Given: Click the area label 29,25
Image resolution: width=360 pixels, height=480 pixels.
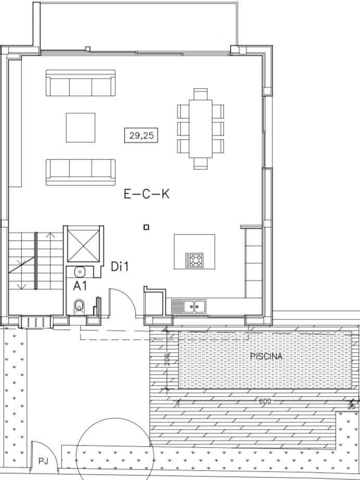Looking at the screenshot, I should pyautogui.click(x=141, y=136).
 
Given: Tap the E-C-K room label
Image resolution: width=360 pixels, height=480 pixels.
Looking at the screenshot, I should pyautogui.click(x=147, y=195).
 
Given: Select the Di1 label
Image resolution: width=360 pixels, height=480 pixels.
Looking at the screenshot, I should pyautogui.click(x=120, y=267).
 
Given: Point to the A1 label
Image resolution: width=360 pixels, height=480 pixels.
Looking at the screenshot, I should pyautogui.click(x=80, y=285).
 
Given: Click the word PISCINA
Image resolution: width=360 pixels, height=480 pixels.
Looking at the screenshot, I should pyautogui.click(x=266, y=357).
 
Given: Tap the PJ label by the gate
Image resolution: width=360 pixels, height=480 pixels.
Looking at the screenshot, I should pyautogui.click(x=43, y=461).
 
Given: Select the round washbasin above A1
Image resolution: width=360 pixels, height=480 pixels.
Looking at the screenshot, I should pyautogui.click(x=80, y=271).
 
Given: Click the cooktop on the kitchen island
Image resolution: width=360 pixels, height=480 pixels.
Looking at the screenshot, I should pyautogui.click(x=195, y=259).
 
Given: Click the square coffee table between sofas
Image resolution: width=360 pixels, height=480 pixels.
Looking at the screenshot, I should pyautogui.click(x=81, y=128).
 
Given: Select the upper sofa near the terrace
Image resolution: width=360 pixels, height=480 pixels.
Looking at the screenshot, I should pyautogui.click(x=81, y=83).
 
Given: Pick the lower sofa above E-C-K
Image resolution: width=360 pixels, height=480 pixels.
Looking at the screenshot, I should pyautogui.click(x=81, y=172).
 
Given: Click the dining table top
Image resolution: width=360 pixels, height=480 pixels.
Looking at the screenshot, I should pyautogui.click(x=201, y=128).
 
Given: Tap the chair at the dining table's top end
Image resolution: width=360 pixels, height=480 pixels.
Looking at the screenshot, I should pyautogui.click(x=201, y=94).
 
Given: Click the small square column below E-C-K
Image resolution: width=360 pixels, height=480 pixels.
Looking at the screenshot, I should pyautogui.click(x=147, y=227).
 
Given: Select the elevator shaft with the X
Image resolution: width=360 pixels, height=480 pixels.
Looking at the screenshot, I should pyautogui.click(x=83, y=243).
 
